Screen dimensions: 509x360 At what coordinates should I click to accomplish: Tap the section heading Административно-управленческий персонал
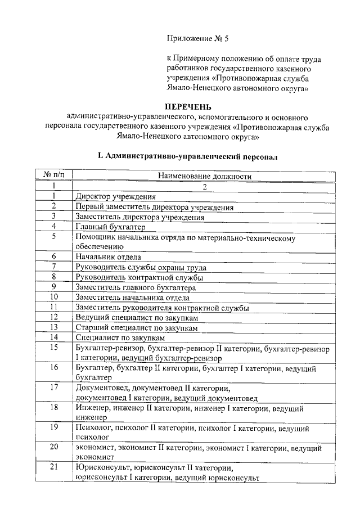pyautogui.click(x=187, y=155)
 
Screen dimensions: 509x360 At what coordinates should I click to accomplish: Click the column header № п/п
pyautogui.click(x=53, y=176)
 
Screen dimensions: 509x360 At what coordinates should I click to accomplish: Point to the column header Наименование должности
pyautogui.click(x=204, y=176)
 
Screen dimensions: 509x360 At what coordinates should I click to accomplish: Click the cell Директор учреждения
pyautogui.click(x=115, y=196)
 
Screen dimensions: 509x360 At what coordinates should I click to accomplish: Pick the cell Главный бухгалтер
pyautogui.click(x=110, y=227)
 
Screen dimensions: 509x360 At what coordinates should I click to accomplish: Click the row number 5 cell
pyautogui.click(x=53, y=237)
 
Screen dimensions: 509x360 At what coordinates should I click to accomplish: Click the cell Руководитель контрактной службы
pyautogui.click(x=139, y=277)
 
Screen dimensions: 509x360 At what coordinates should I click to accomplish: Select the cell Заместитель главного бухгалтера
pyautogui.click(x=139, y=287)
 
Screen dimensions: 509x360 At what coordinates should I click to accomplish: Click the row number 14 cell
pyautogui.click(x=53, y=337)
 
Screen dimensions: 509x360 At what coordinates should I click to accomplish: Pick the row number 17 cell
pyautogui.click(x=53, y=388)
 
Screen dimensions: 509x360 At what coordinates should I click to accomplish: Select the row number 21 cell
pyautogui.click(x=53, y=468)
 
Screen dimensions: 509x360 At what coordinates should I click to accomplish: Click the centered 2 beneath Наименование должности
pyautogui.click(x=205, y=186)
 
